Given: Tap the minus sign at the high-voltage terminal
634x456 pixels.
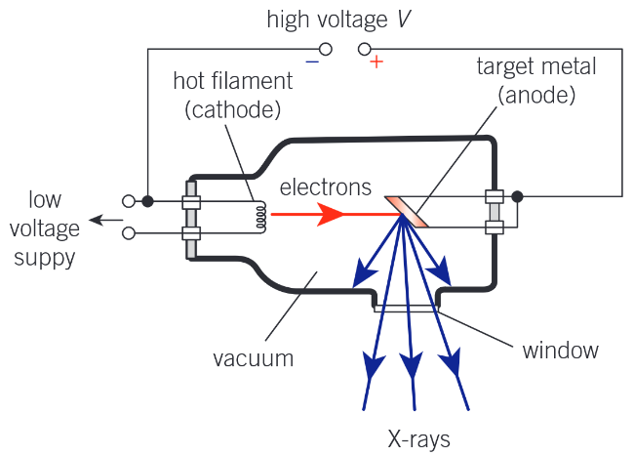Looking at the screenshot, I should click(312, 61).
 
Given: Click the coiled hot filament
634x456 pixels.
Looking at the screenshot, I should click(260, 218).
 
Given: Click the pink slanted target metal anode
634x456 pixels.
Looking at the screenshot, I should click(408, 212).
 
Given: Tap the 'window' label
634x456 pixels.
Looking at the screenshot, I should click(560, 349).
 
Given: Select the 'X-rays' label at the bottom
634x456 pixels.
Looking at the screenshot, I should click(416, 437).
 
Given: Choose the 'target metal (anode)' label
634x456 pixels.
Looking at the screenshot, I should click(536, 81).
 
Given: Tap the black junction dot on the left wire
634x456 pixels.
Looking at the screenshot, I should click(147, 201).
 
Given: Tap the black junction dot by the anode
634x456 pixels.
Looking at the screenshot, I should click(518, 196).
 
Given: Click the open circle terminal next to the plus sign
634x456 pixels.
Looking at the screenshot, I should click(364, 48).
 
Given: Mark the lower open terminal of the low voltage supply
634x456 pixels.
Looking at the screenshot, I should click(129, 233).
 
